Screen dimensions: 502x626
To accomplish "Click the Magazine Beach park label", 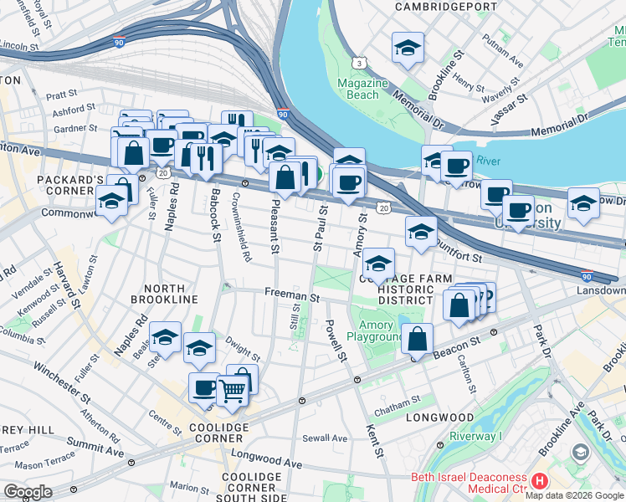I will [x=362, y=89].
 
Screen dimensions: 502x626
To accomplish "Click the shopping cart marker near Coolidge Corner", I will [x=233, y=389].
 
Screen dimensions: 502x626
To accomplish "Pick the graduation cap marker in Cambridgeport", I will [x=408, y=48].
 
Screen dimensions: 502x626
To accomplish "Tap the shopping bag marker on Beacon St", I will [x=417, y=339].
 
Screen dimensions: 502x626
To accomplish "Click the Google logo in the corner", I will [x=28, y=492].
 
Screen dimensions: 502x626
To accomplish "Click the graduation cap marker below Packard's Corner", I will [x=111, y=201].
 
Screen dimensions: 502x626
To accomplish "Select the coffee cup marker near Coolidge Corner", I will [x=205, y=387].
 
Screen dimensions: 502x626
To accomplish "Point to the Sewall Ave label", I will [x=325, y=438].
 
